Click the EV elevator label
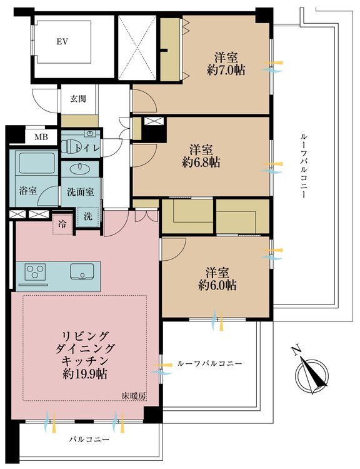tap(62, 43)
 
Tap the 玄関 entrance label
tap(78, 98)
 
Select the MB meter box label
tap(41, 137)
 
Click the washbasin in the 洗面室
tap(80, 169)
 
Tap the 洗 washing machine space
tap(90, 216)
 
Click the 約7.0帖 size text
tap(226, 70)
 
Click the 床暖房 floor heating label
tap(134, 395)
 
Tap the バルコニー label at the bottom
tap(87, 440)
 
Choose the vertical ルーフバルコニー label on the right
tap(302, 166)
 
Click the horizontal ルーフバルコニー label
tap(209, 363)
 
